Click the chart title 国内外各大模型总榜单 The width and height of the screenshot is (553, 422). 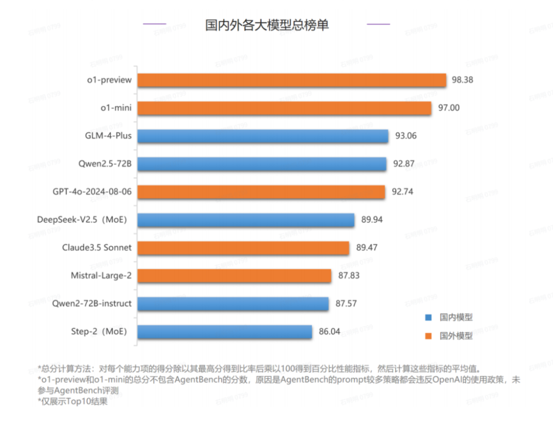pyautogui.click(x=267, y=25)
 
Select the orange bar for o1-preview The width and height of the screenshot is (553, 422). pyautogui.click(x=292, y=80)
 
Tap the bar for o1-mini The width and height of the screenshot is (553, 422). pyautogui.click(x=285, y=108)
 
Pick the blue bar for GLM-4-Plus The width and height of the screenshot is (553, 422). pyautogui.click(x=263, y=136)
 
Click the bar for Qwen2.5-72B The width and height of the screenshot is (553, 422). pyautogui.click(x=262, y=164)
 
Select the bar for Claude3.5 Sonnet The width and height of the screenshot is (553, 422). pyautogui.click(x=244, y=248)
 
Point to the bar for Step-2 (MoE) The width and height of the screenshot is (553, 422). pyautogui.click(x=225, y=332)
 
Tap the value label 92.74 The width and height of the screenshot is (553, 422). pyautogui.click(x=402, y=192)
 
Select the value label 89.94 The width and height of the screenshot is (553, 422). pyautogui.click(x=372, y=220)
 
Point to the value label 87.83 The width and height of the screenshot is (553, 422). pyautogui.click(x=349, y=276)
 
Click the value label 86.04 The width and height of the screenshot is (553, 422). pyautogui.click(x=330, y=332)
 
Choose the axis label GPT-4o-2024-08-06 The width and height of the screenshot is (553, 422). pyautogui.click(x=92, y=192)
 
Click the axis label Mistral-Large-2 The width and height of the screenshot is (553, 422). pyautogui.click(x=101, y=276)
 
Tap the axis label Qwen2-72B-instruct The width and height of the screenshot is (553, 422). pyautogui.click(x=92, y=304)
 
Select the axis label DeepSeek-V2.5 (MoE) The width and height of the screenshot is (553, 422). pyautogui.click(x=82, y=220)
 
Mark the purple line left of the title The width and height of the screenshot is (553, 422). pyautogui.click(x=154, y=24)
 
